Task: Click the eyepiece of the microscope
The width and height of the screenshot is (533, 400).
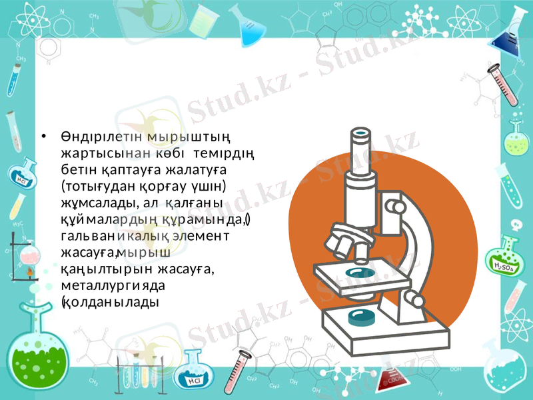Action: coord(360,134)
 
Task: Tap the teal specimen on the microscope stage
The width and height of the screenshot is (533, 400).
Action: coord(360,272)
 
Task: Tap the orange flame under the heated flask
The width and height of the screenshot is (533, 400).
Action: coord(29,272)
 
